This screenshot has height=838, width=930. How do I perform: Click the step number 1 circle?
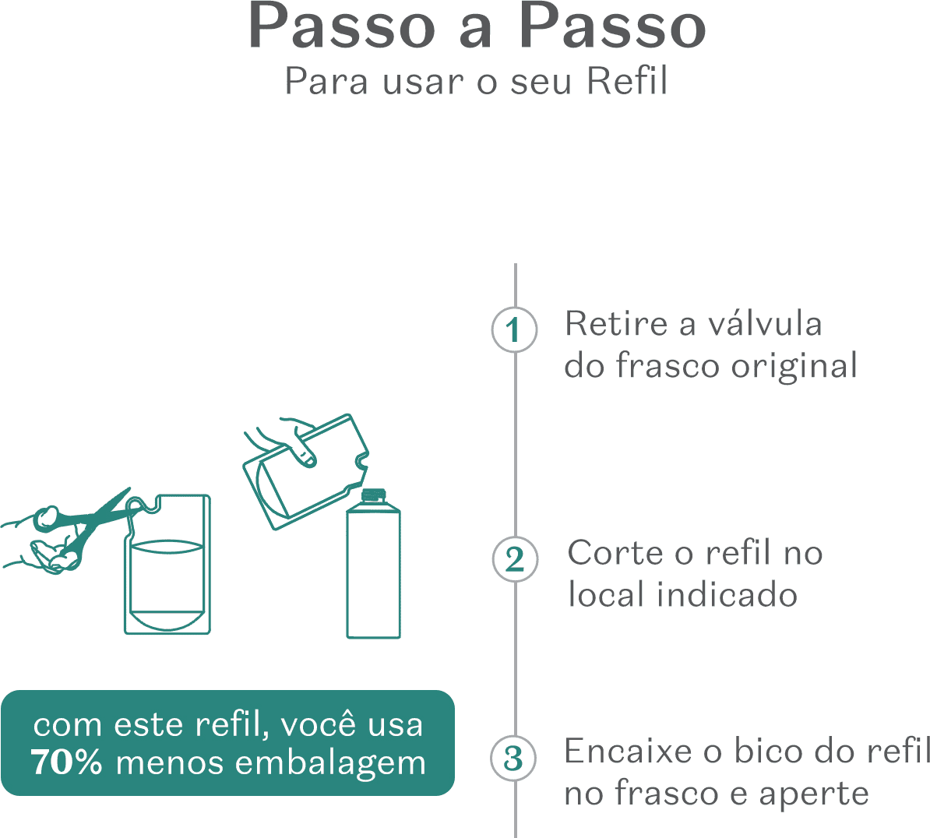pyautogui.click(x=514, y=330)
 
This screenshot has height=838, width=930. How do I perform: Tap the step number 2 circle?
pyautogui.click(x=515, y=559)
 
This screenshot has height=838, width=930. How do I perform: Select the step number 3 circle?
pyautogui.click(x=513, y=758)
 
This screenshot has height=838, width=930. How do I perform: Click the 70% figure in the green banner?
pyautogui.click(x=66, y=762)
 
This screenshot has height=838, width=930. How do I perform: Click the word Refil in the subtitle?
pyautogui.click(x=628, y=81)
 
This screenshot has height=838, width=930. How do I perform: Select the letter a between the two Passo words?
pyautogui.click(x=476, y=29)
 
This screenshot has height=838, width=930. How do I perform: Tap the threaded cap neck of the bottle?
pyautogui.click(x=374, y=495)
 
